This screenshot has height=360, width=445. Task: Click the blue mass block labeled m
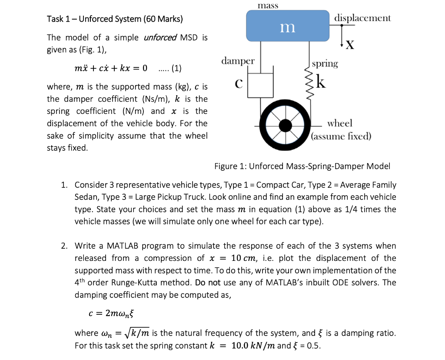pyautogui.click(x=287, y=26)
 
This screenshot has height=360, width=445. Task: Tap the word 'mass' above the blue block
pyautogui.click(x=268, y=6)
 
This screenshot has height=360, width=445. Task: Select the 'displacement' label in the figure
pyautogui.click(x=362, y=18)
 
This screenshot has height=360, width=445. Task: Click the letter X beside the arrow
pyautogui.click(x=351, y=44)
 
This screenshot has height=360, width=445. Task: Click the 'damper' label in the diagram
pyautogui.click(x=238, y=60)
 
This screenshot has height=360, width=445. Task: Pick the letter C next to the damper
pyautogui.click(x=238, y=83)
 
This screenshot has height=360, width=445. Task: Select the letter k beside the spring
pyautogui.click(x=320, y=81)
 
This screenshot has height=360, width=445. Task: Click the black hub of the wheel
pyautogui.click(x=286, y=126)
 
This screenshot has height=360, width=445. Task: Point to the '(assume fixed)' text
pyautogui.click(x=342, y=137)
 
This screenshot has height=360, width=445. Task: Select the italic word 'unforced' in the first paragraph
pyautogui.click(x=159, y=37)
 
